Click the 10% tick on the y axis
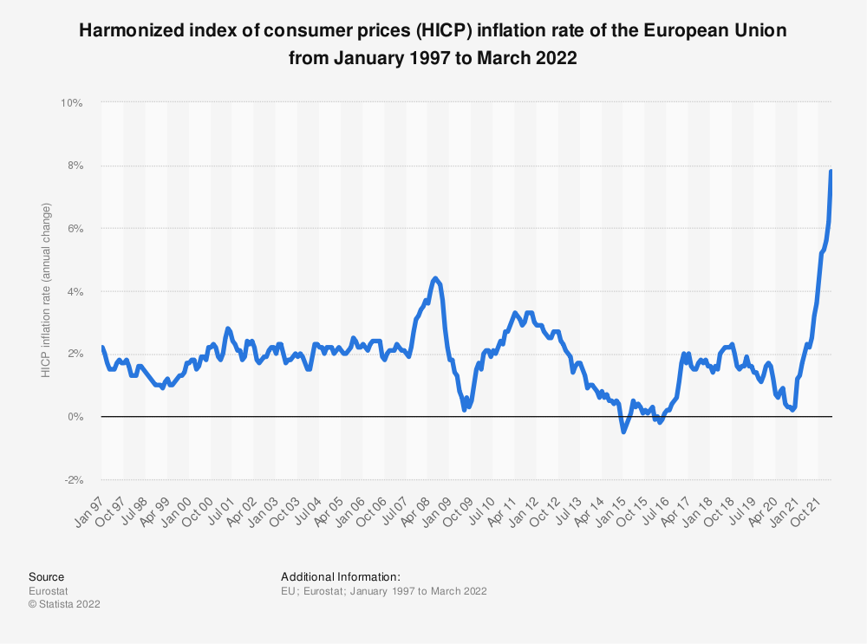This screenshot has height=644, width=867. [71, 103]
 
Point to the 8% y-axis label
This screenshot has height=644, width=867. [74, 166]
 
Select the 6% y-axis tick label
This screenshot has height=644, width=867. [74, 229]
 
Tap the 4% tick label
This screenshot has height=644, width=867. [74, 291]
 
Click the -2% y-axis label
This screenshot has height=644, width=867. [72, 479]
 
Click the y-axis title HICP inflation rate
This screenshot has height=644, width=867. [46, 290]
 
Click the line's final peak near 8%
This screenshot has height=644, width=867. [831, 171]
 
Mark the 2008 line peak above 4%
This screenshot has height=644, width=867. [435, 278]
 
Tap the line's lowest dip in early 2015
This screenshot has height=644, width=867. [623, 431]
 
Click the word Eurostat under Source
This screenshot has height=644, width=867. [48, 591]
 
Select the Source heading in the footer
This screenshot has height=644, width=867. [46, 576]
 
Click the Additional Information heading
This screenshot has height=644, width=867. [341, 576]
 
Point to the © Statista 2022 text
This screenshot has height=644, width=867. [64, 604]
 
